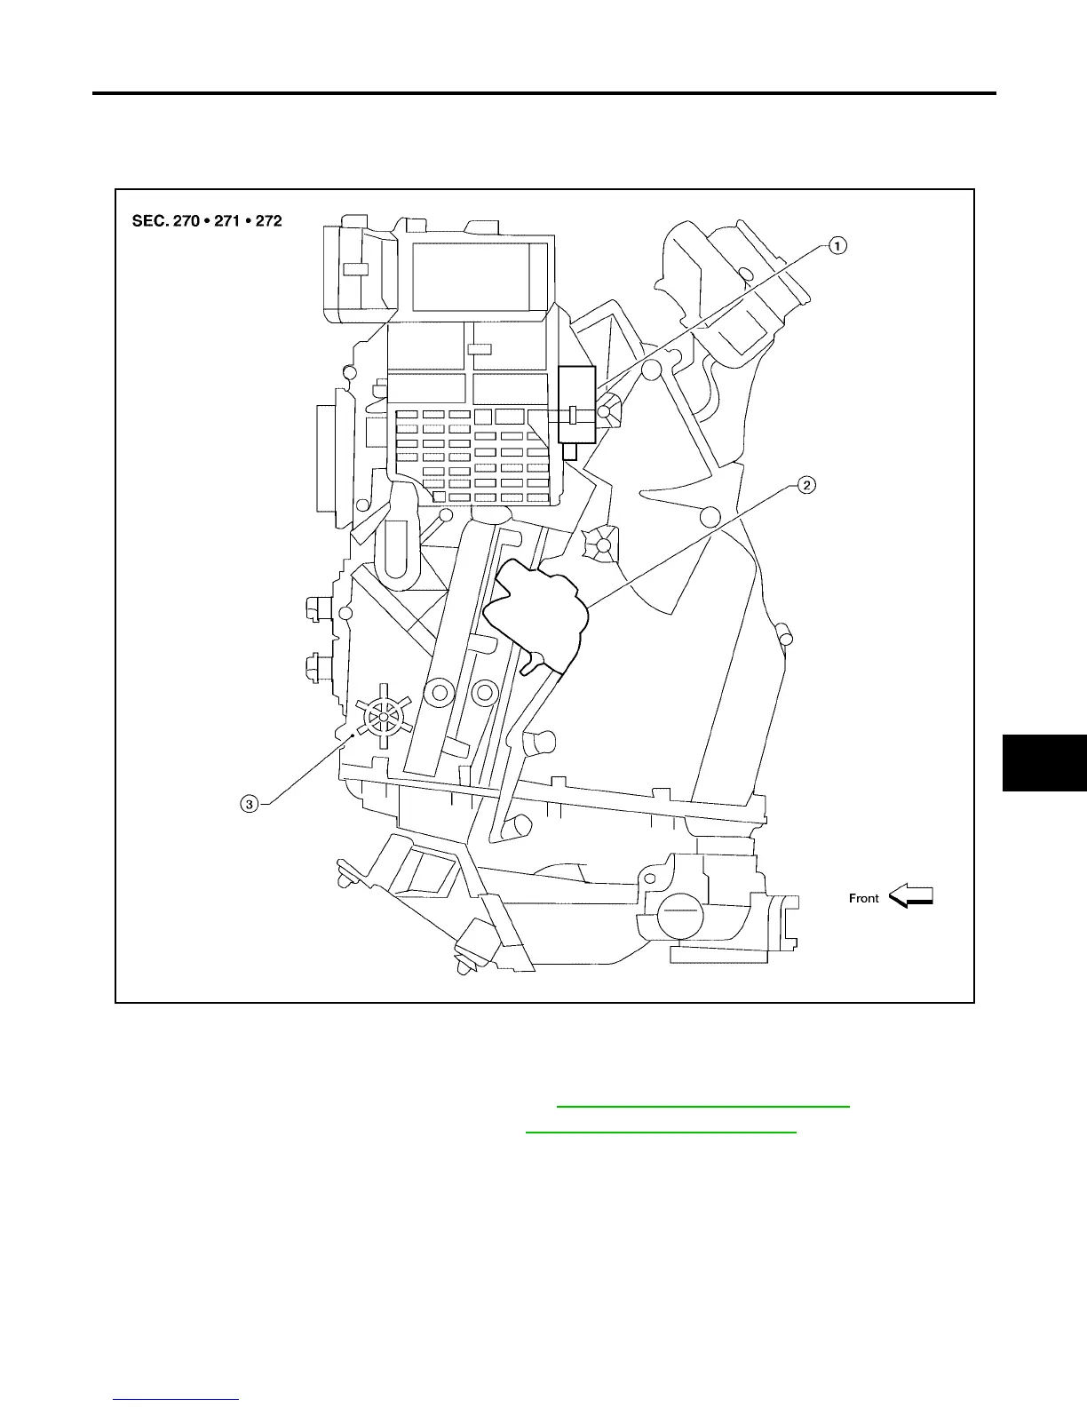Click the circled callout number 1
click(837, 245)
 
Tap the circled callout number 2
click(805, 485)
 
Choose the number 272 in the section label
click(266, 220)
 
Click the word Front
click(863, 898)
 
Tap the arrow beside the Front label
click(911, 895)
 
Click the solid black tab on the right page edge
click(1044, 762)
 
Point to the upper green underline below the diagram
click(702, 1107)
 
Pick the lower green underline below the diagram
click(661, 1133)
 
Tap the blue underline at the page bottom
click(177, 1400)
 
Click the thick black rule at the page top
click(544, 93)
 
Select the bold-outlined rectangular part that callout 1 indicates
click(576, 404)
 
